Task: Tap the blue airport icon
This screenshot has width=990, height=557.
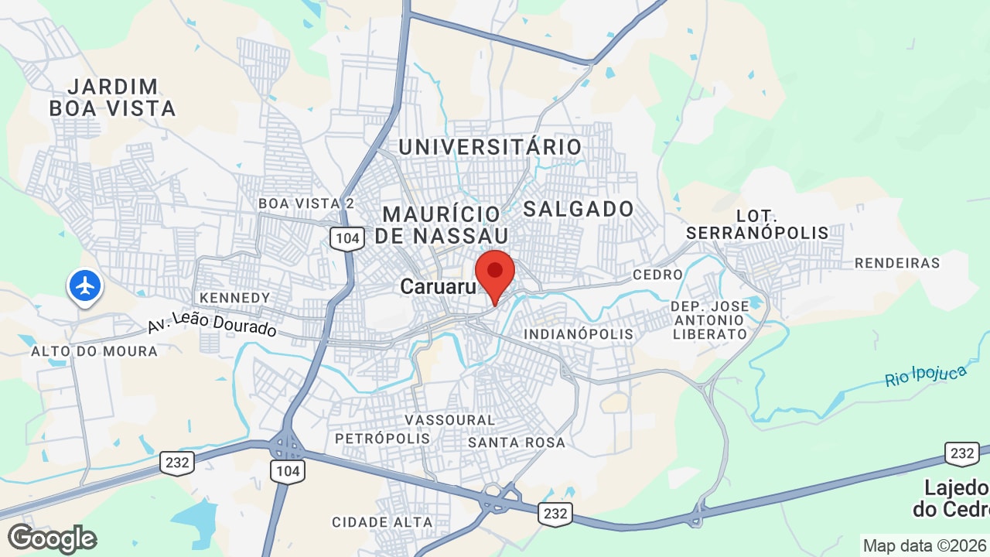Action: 85,285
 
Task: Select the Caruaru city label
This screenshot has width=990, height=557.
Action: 437,287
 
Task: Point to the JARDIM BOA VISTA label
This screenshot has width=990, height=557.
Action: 113,97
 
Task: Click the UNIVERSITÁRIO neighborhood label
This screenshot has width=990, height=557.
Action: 490,147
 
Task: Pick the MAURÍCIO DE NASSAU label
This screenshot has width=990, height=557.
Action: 442,224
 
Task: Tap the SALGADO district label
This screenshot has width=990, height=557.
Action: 579,209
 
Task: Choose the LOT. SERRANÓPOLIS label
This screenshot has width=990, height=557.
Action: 756,224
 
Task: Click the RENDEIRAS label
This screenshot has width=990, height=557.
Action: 897,263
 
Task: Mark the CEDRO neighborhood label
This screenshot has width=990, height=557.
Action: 657,275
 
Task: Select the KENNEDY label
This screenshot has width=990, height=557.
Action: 234,298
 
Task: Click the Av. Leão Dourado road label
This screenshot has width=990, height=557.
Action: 212,323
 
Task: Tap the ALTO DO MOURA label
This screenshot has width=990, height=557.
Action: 94,351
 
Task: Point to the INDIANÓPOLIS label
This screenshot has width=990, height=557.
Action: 579,334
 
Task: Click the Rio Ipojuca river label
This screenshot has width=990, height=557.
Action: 926,376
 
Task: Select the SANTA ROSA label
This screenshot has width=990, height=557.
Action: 517,443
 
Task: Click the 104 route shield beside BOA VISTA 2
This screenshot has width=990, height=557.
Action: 347,238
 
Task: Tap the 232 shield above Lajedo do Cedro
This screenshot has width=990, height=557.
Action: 962,453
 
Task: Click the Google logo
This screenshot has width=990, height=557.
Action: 52,538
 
